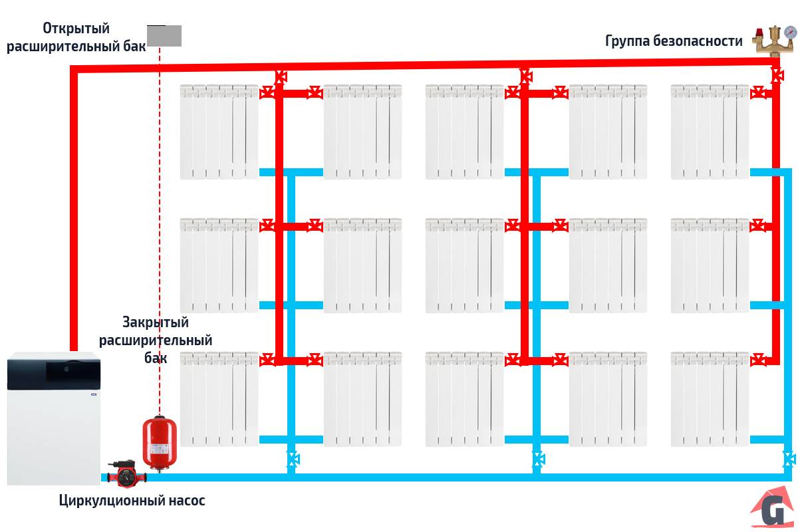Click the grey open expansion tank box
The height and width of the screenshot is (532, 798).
click(164, 35)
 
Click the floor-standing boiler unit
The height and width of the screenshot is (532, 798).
click(53, 419)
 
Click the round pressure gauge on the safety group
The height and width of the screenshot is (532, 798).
click(789, 31)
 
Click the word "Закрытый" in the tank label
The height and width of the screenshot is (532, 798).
click(156, 323)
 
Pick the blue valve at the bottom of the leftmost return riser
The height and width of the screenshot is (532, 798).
click(292, 458)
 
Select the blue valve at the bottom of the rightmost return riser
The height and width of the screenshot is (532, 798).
click(789, 458)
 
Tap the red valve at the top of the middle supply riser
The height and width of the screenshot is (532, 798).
click(525, 75)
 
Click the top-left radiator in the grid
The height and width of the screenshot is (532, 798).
click(219, 131)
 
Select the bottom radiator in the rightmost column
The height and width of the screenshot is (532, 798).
click(710, 399)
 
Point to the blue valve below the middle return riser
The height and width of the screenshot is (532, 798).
click(537, 458)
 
